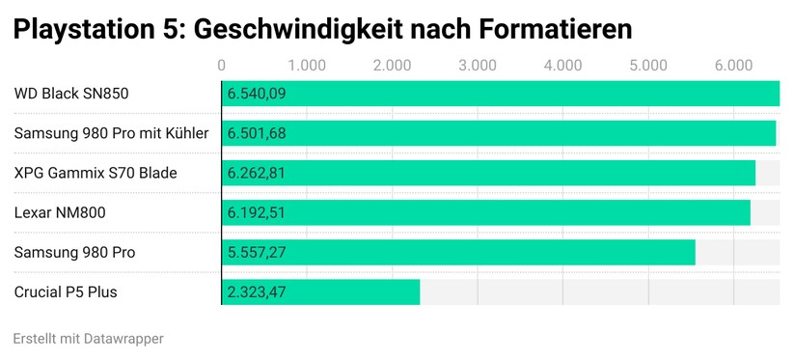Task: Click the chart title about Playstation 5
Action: pos(322,29)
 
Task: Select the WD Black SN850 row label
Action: pos(71,94)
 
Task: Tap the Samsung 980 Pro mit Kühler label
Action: pos(111,133)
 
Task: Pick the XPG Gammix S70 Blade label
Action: pos(96,173)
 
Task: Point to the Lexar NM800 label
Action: pos(60,212)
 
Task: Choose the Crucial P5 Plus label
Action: pos(66,291)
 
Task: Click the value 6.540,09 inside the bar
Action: pos(257,94)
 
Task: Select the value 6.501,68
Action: pos(257,133)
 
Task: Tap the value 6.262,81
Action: pos(257,173)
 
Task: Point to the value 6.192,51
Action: pos(257,212)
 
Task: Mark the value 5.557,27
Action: pos(257,252)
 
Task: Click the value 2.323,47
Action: pos(257,291)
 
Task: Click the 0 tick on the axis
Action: pos(222,66)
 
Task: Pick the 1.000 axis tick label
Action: pos(307,66)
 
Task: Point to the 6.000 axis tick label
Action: pos(733,66)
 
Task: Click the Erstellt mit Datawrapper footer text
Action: pos(89,339)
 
